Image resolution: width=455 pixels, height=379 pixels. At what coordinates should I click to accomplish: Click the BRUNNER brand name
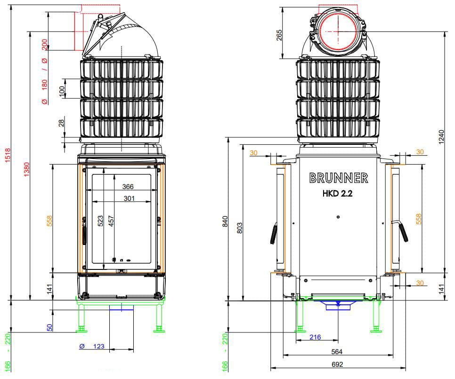(339, 178)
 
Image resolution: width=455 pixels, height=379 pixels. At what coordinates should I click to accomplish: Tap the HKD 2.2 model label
(337, 193)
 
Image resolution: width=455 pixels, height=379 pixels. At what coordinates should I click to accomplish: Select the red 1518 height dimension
(8, 155)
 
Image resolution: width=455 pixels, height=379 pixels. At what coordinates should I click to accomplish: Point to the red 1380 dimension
(26, 169)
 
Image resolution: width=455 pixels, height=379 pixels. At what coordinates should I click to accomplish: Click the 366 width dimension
(128, 187)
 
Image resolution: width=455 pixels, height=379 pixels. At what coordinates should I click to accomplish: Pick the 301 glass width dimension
(129, 198)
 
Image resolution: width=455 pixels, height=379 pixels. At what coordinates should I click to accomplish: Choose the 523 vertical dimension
(100, 221)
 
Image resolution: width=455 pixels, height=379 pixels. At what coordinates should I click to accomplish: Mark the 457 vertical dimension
(111, 221)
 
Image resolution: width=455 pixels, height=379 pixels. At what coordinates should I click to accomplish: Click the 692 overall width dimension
(337, 364)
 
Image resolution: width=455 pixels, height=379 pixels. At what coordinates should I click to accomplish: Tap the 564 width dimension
(337, 352)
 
